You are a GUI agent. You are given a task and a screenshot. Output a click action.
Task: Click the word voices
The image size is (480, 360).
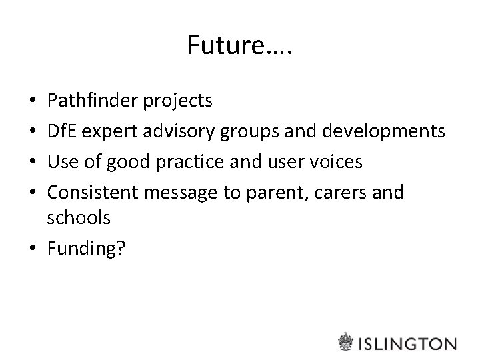click(338, 162)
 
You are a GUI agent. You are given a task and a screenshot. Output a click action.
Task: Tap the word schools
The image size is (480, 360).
click(79, 217)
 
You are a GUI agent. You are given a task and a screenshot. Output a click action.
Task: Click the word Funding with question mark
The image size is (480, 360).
click(86, 248)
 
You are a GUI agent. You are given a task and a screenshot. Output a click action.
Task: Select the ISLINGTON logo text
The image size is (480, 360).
click(407, 343)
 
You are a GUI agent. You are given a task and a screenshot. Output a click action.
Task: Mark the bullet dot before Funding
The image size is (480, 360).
click(35, 247)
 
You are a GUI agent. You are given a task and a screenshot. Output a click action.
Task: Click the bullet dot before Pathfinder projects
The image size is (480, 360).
click(35, 102)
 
